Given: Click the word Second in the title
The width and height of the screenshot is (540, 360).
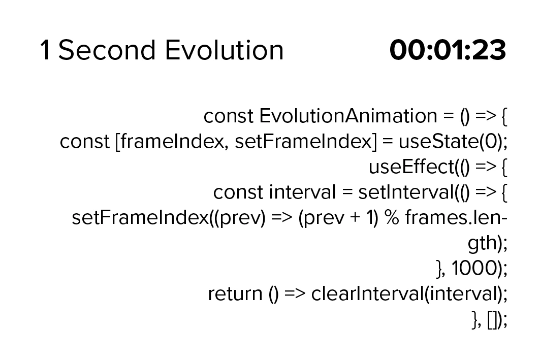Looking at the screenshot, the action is pos(107,50).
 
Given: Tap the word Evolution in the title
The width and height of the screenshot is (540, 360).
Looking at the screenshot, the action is pos(224,50).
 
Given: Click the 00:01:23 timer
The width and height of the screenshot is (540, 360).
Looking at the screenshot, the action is pos(448,50).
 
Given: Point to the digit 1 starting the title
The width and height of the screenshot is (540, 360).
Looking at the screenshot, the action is pos(45,50).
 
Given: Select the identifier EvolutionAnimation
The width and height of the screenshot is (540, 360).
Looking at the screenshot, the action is pos(348,116).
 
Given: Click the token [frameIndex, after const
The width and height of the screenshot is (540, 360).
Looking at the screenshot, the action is pos(170,142).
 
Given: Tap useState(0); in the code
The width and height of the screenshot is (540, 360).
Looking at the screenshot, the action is pos(453,142).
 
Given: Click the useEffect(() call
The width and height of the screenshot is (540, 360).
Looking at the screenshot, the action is pos(419,167).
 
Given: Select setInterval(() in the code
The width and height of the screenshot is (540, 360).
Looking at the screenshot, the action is pos(414,192).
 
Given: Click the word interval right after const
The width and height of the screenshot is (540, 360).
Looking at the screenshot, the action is pos(302,192).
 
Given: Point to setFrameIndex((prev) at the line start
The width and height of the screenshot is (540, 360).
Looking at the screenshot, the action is pos(169,217).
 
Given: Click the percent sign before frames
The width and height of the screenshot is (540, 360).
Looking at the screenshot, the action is pos(392,217).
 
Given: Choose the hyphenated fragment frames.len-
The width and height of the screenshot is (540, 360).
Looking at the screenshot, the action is pos(456,217).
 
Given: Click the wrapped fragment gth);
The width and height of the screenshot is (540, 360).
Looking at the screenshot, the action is pos(487,243).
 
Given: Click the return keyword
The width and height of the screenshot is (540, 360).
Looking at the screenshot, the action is pos(235,294).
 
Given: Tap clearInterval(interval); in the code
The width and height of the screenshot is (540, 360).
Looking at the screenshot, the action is pos(409,293).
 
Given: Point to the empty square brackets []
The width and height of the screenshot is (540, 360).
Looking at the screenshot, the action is pos(493,320).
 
